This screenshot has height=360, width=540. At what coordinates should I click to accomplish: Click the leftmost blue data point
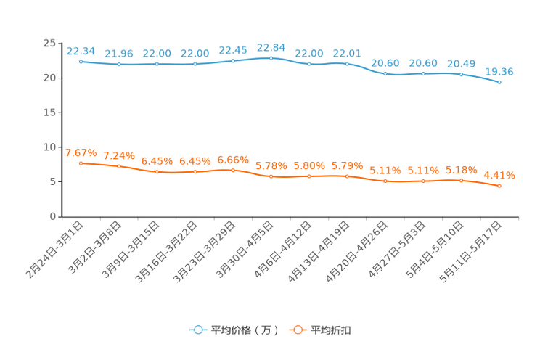click(81, 62)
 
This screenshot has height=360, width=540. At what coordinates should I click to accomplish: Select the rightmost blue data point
click(499, 82)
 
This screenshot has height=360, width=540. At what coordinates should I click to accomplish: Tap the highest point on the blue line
click(271, 57)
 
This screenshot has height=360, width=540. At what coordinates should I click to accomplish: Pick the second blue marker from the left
click(118, 65)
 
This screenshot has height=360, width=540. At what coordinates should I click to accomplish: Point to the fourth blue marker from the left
click(195, 65)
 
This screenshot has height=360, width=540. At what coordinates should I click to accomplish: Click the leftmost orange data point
click(81, 163)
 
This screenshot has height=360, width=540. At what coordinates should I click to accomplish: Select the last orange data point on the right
click(499, 187)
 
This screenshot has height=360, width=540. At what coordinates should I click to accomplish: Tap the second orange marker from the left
click(118, 166)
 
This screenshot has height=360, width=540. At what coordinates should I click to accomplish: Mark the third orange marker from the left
click(157, 171)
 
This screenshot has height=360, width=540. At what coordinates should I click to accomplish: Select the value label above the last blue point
click(499, 71)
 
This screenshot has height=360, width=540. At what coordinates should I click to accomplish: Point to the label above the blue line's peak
click(271, 46)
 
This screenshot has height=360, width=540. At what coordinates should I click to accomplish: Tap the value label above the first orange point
click(81, 152)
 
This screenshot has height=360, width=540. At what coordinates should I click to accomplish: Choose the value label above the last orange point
click(499, 175)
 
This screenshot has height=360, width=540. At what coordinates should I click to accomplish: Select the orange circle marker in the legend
click(297, 330)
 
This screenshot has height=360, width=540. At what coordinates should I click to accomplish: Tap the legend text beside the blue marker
click(244, 330)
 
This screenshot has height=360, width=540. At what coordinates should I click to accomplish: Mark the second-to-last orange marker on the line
click(461, 180)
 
